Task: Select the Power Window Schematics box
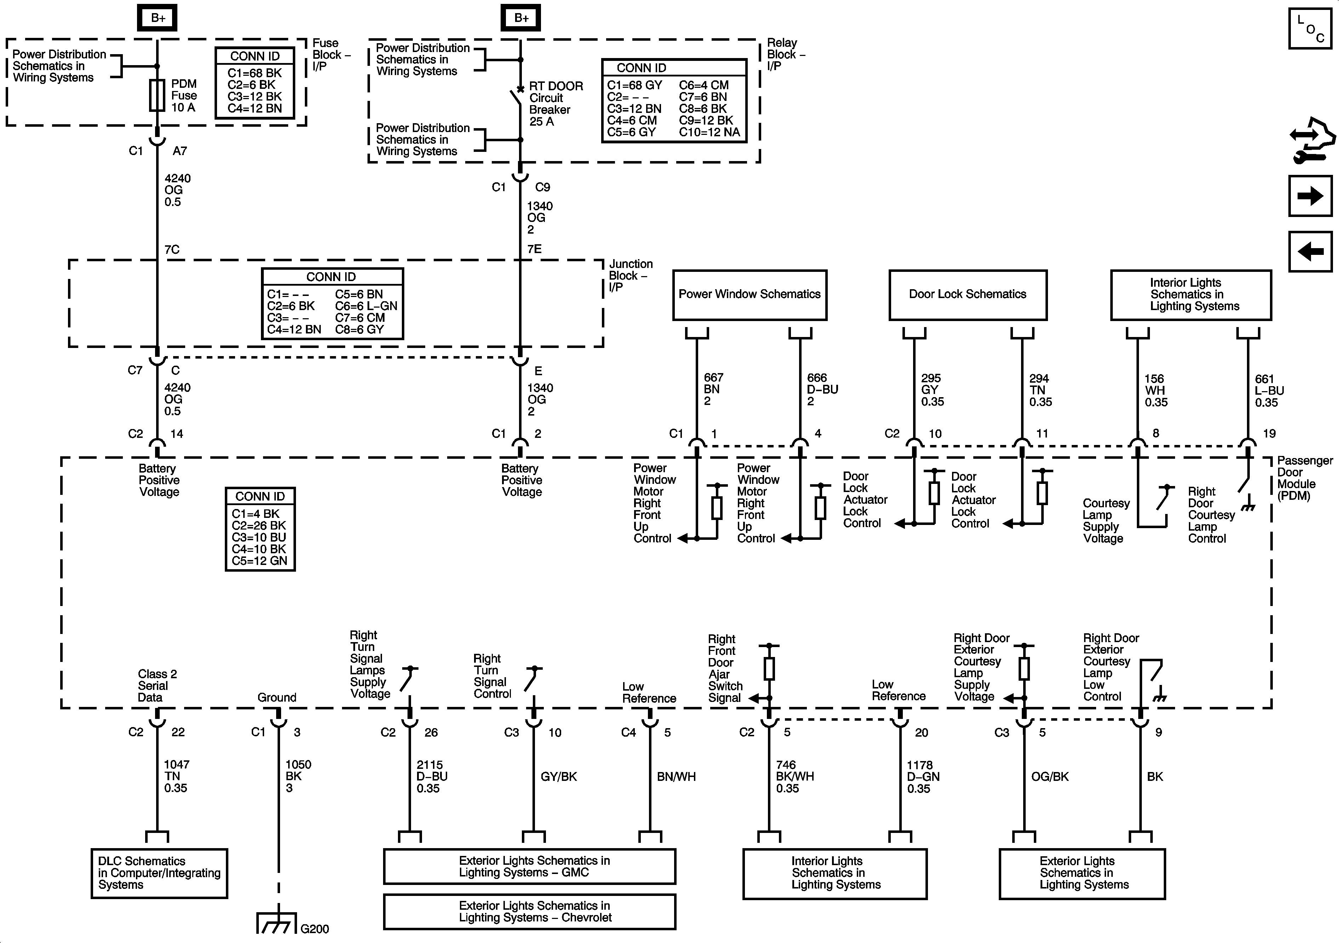(750, 295)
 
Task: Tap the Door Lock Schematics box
(968, 295)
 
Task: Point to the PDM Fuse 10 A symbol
(157, 96)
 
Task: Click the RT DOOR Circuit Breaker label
(555, 104)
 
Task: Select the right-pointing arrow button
(1310, 196)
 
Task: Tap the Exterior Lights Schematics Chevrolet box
(530, 911)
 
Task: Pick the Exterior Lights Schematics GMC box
(530, 867)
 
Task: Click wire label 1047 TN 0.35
(176, 776)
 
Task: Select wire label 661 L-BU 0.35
(1269, 391)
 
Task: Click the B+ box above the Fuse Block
(158, 18)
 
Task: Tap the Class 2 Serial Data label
(157, 686)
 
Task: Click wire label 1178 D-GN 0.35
(923, 777)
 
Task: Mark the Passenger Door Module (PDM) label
(1304, 478)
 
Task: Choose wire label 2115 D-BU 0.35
(432, 776)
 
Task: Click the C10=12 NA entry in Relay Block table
(709, 132)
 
